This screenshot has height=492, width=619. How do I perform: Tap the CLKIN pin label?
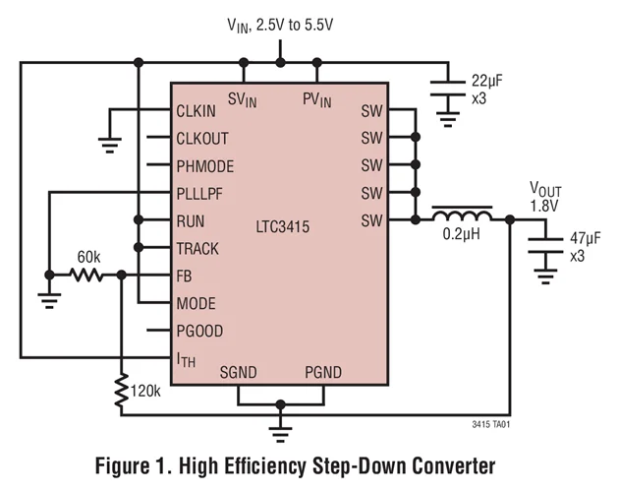197,111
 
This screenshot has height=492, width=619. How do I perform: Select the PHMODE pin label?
205,166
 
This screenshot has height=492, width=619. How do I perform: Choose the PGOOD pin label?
201,332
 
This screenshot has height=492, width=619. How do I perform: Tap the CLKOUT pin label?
203,139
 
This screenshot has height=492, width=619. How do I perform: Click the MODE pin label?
196,304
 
